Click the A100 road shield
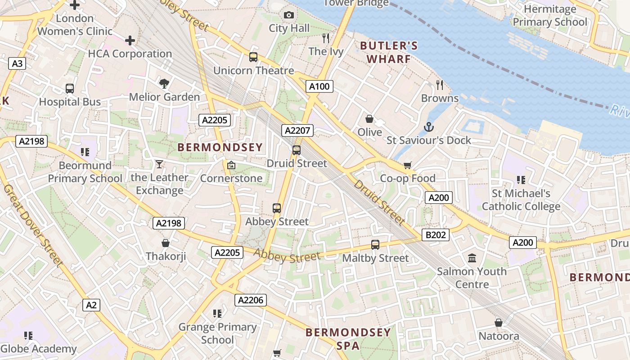pos(319,86)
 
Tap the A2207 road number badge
pos(297,130)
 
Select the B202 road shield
pos(435,234)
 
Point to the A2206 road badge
pos(251,300)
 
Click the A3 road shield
pos(17,63)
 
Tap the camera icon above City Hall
pos(289,15)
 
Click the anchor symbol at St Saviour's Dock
pos(428,126)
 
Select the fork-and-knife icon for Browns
pos(440,85)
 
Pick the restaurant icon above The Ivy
pos(326,38)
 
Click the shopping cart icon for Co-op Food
pos(408,165)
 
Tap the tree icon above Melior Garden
pos(164,83)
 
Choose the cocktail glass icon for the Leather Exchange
pos(159,164)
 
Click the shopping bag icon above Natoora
pos(498,323)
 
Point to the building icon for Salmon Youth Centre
pos(472,258)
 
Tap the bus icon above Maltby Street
pos(375,245)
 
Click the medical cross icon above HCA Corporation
pos(130,40)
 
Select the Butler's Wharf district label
pos(389,52)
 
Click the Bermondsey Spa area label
pos(348,339)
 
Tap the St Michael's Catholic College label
pos(521,200)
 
